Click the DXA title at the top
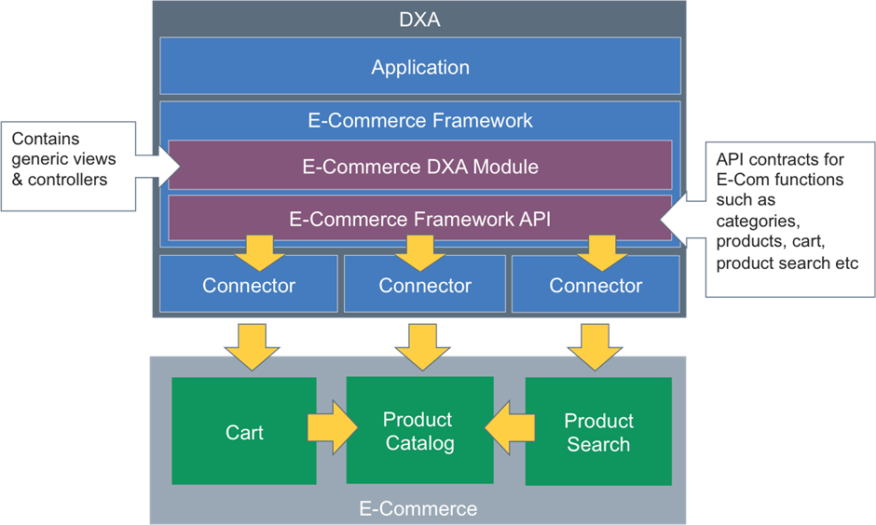click(x=420, y=17)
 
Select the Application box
click(x=420, y=67)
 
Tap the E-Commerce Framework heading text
click(x=420, y=120)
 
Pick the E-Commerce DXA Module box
click(x=420, y=166)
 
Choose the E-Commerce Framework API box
click(x=420, y=218)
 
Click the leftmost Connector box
click(x=248, y=286)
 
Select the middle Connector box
click(x=425, y=286)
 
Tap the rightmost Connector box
click(x=595, y=286)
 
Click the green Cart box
click(x=244, y=432)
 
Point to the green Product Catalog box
click(x=419, y=431)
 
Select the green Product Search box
click(x=598, y=432)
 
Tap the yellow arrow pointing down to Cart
click(x=252, y=346)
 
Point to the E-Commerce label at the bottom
click(x=418, y=508)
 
